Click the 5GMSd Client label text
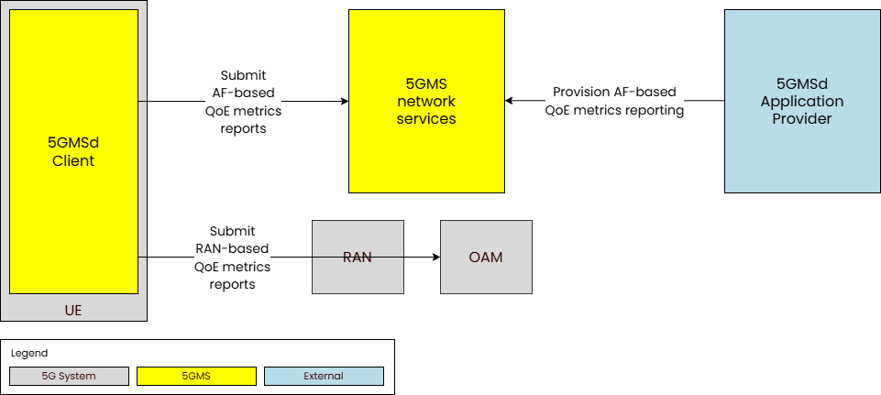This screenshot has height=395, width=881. (x=73, y=151)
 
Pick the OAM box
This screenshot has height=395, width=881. (x=486, y=257)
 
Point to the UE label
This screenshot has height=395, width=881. (x=73, y=311)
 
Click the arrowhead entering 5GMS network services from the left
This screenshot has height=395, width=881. (x=344, y=101)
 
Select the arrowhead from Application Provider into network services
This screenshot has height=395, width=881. (x=510, y=101)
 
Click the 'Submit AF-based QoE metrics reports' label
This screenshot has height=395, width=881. (x=243, y=102)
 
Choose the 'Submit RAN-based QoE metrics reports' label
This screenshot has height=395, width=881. (x=232, y=258)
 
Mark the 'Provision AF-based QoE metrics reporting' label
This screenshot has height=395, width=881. (x=614, y=102)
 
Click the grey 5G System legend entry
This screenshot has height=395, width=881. (x=69, y=376)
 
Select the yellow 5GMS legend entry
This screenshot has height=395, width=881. (x=196, y=376)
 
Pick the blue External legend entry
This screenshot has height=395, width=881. (x=324, y=376)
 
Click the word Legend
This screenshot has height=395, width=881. (x=29, y=353)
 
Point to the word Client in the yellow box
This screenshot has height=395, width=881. (x=73, y=160)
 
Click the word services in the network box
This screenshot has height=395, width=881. (x=426, y=119)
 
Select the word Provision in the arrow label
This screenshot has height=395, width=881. (x=579, y=93)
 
